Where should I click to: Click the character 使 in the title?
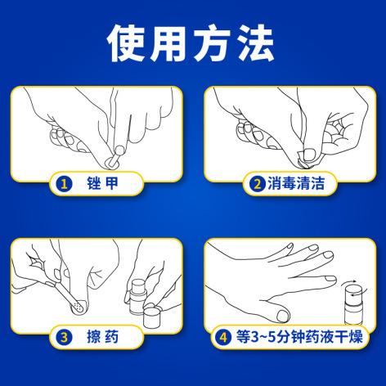tap(127, 43)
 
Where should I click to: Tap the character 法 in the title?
tap(255, 43)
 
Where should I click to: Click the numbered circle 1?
tap(65, 184)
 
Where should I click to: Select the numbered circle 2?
tap(258, 184)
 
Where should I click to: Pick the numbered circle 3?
tap(65, 337)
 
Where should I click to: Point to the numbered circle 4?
tap(223, 337)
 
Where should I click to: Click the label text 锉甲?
tap(102, 183)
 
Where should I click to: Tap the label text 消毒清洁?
tap(296, 183)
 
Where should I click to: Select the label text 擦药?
tap(102, 337)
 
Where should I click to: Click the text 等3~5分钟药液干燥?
tap(299, 337)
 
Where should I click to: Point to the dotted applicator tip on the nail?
tap(78, 307)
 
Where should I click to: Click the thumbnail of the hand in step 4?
tap(284, 316)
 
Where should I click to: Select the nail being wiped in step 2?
tap(309, 155)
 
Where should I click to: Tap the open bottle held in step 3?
tap(138, 297)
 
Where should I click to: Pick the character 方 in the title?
tap(213, 43)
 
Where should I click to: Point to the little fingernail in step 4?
tap(330, 279)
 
